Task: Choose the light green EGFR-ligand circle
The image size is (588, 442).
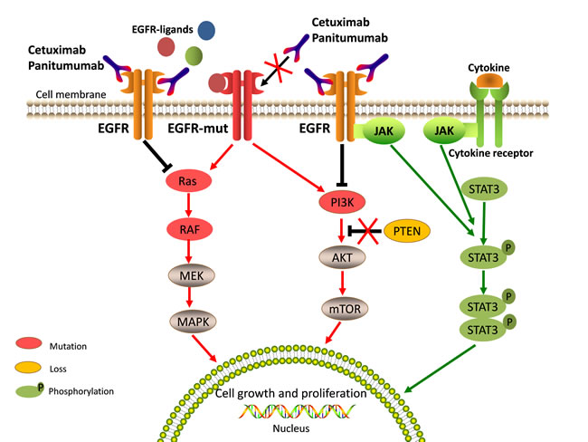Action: [x=194, y=56]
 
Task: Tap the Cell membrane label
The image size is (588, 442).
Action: [x=70, y=93]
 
